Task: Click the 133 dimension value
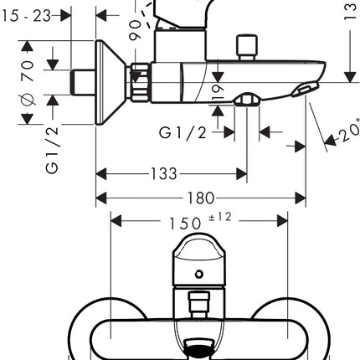164,173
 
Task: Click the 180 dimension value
201,198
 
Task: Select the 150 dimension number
185,224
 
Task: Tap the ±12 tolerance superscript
220,217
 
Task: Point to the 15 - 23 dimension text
27,16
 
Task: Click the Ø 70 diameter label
28,84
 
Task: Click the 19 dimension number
218,92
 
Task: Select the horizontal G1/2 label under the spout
183,132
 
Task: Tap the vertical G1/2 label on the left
52,150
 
